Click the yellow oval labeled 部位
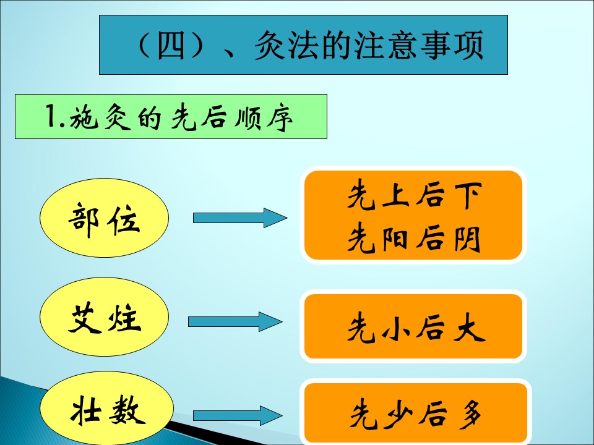pos(104,218)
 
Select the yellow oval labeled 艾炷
pos(104,316)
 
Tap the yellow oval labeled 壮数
pos(107,409)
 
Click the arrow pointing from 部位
pos(240,218)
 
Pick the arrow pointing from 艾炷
pos(235,321)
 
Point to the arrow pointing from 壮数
pos(238,415)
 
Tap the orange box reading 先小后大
pos(413,326)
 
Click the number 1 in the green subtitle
pos(50,116)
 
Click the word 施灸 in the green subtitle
pos(100,117)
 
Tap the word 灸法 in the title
pos(286,45)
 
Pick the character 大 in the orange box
pos(470,328)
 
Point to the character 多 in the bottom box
pos(470,414)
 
